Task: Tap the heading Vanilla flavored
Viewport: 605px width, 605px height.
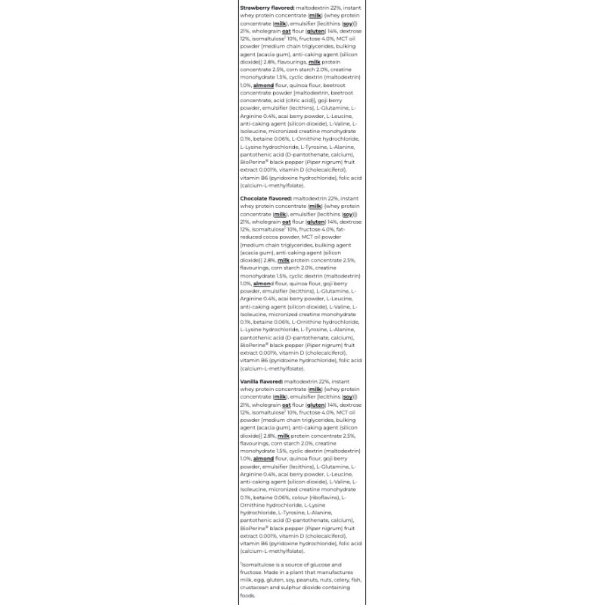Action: tap(261, 383)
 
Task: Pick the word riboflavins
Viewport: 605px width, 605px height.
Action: tap(322, 498)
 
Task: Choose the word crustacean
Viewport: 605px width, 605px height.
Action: tap(256, 587)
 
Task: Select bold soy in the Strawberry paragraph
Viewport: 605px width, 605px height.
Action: tap(349, 23)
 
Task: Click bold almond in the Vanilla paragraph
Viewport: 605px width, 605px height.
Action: tap(263, 458)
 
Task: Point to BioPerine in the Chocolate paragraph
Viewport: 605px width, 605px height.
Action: tap(255, 345)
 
